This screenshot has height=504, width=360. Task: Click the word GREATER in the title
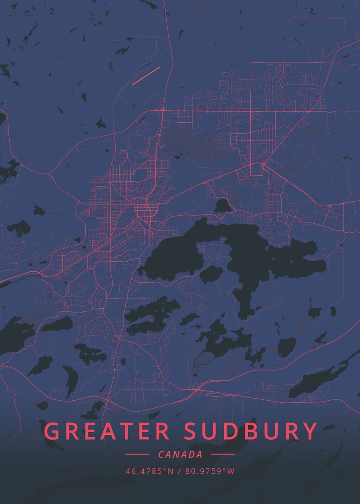[x=107, y=431]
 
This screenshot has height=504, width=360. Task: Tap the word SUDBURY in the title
[x=251, y=431]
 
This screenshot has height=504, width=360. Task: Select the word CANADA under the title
[x=180, y=454]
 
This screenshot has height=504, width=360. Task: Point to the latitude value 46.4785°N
[x=149, y=471]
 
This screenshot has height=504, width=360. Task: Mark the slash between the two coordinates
[x=179, y=471]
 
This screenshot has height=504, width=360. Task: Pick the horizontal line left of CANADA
[x=137, y=454]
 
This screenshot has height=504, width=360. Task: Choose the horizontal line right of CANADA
[x=223, y=454]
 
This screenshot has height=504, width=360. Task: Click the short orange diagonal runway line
[x=146, y=76]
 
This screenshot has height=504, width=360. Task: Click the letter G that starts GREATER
[x=53, y=431]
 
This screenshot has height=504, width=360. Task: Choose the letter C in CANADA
[x=161, y=454]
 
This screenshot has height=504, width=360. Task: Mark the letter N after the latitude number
[x=171, y=471]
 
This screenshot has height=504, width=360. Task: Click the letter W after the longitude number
[x=231, y=471]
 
